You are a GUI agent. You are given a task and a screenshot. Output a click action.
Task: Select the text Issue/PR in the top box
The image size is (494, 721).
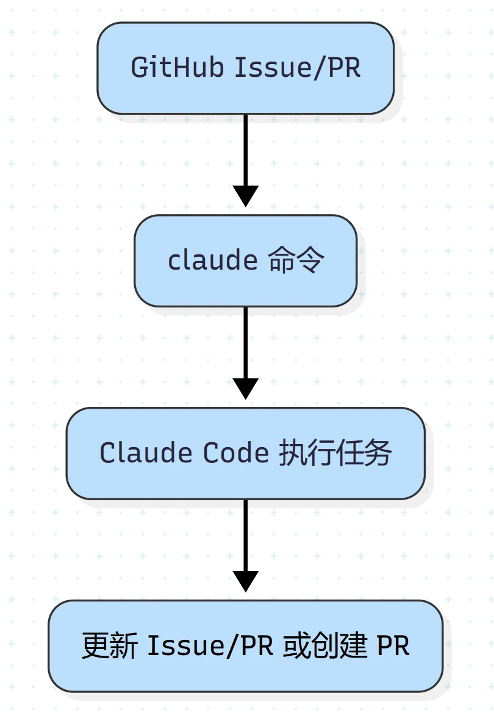(x=298, y=67)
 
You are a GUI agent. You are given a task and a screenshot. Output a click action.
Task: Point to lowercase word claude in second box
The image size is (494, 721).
(x=213, y=260)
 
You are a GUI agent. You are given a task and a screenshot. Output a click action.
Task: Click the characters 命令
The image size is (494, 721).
(x=296, y=260)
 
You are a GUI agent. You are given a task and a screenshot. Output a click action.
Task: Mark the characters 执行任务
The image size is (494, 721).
(x=335, y=453)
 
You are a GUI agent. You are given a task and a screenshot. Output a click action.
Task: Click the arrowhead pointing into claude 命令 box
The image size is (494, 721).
(x=245, y=195)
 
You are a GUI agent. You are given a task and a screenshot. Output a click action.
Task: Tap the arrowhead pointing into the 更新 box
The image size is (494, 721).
(x=245, y=580)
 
